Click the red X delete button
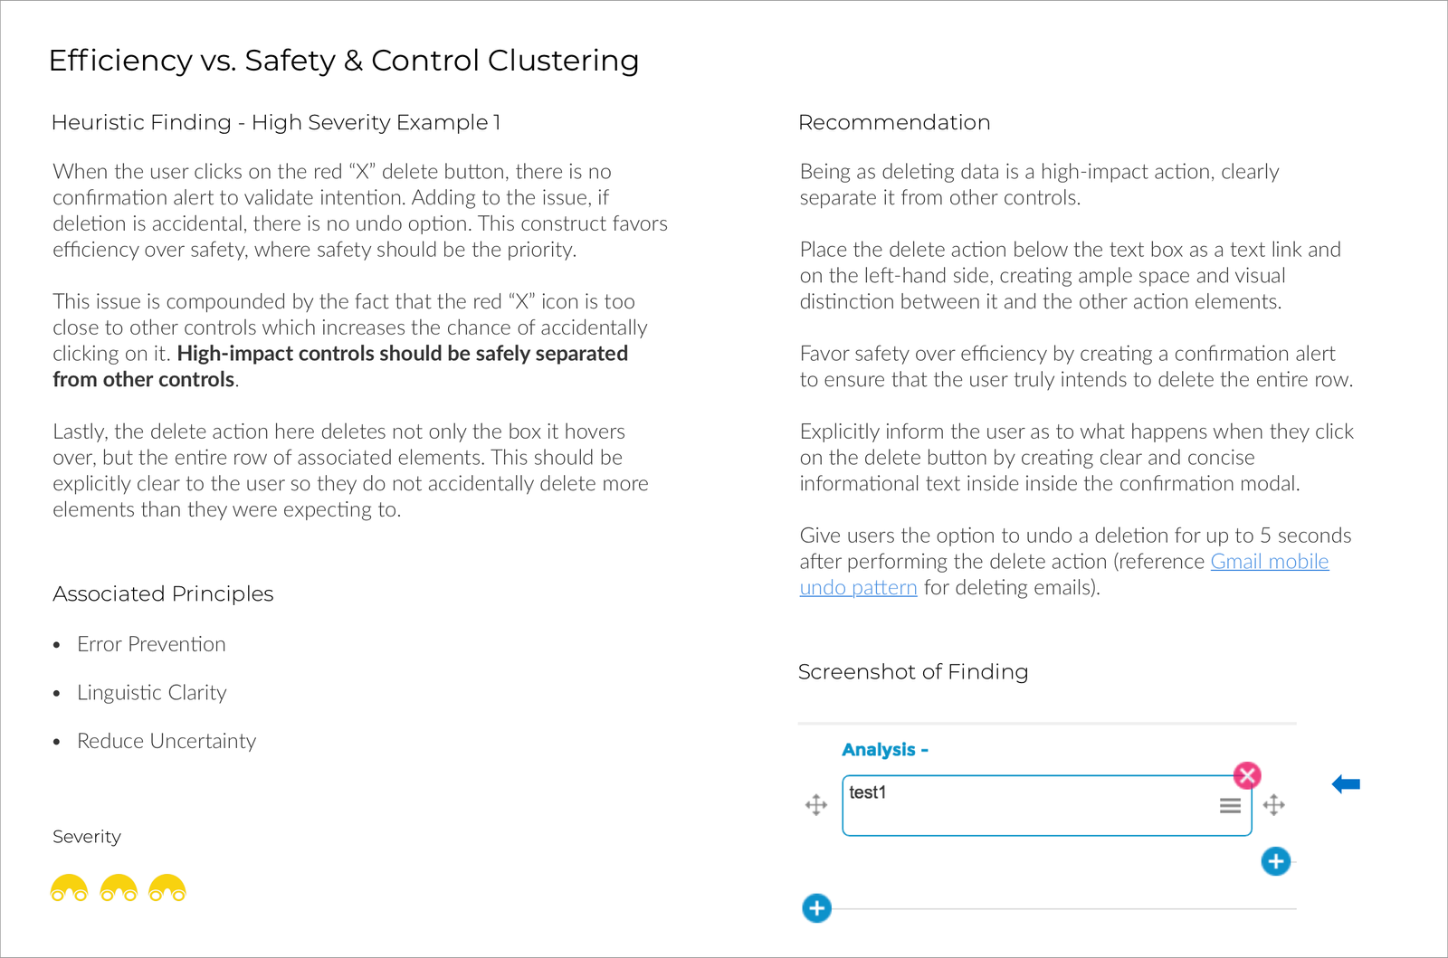tap(1247, 775)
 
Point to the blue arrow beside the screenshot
tap(1346, 784)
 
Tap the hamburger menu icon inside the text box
tap(1230, 805)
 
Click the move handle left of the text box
tap(816, 805)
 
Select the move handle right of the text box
tap(1274, 805)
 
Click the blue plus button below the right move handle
tap(1276, 861)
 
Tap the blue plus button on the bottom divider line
tap(816, 908)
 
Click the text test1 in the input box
tap(868, 792)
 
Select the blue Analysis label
tap(884, 750)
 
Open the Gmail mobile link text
tap(1269, 562)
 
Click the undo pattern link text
tap(858, 588)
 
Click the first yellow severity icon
tap(69, 888)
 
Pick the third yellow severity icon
tap(167, 888)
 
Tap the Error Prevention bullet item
tap(151, 644)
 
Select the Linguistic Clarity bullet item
tap(151, 693)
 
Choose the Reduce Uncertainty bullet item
tap(167, 741)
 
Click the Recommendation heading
tap(894, 122)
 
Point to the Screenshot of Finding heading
tap(913, 671)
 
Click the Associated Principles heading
tap(163, 593)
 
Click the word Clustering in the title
tap(563, 61)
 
